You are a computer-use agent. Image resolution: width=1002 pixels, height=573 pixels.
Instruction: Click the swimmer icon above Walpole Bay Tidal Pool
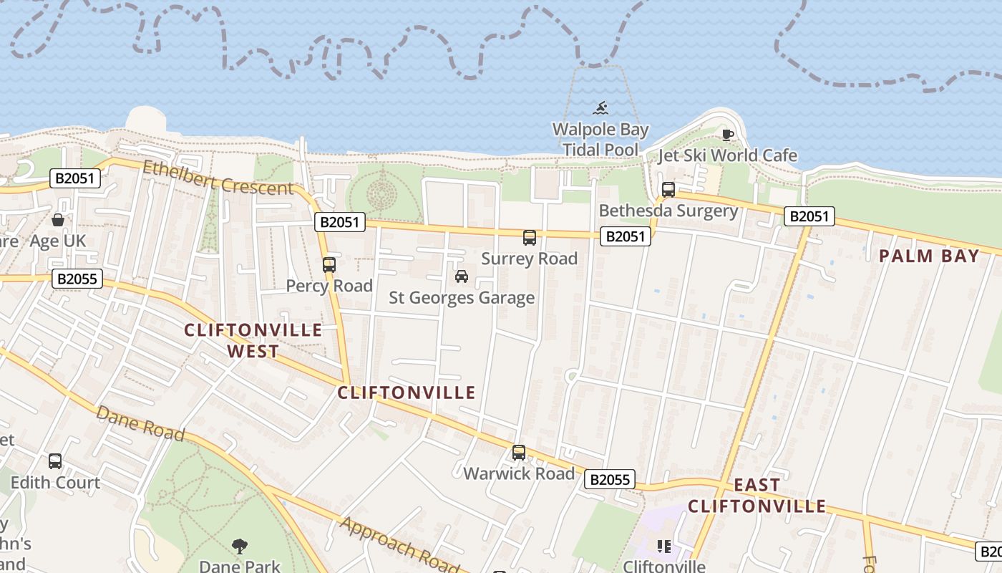(600, 109)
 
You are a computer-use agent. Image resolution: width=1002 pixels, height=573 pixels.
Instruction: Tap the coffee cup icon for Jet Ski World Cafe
(728, 135)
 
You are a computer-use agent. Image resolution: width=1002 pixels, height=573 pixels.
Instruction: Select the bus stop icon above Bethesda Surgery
(668, 190)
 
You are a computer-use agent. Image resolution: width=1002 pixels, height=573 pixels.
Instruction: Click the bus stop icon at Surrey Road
(529, 238)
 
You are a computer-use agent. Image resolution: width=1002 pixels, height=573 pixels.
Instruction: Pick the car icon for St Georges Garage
(462, 276)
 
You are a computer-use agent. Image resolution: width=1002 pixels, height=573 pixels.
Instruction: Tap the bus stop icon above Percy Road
(329, 265)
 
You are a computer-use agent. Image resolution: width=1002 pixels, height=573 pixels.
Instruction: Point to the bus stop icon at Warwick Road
(519, 453)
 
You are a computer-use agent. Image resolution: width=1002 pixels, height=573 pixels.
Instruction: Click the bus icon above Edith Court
(55, 461)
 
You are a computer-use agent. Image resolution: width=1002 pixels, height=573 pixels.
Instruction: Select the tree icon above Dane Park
(240, 546)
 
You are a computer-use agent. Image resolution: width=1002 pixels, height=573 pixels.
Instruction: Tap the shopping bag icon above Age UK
(57, 219)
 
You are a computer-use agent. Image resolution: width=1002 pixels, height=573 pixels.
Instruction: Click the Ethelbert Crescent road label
(218, 178)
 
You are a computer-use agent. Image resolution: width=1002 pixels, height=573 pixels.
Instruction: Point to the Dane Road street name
(140, 423)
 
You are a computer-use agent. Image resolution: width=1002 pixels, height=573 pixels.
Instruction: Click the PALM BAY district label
(928, 256)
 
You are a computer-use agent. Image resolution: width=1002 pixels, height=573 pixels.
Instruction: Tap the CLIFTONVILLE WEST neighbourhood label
(253, 340)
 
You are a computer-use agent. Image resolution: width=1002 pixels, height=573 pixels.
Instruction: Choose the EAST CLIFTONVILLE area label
(757, 496)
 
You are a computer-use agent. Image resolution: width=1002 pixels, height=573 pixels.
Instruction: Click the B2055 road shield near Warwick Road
(610, 479)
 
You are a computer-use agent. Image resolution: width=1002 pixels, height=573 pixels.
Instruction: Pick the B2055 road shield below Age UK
(77, 279)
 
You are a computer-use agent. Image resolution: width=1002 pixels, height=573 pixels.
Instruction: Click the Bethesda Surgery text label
(668, 211)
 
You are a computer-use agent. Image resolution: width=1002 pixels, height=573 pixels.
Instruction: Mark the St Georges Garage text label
(462, 298)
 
